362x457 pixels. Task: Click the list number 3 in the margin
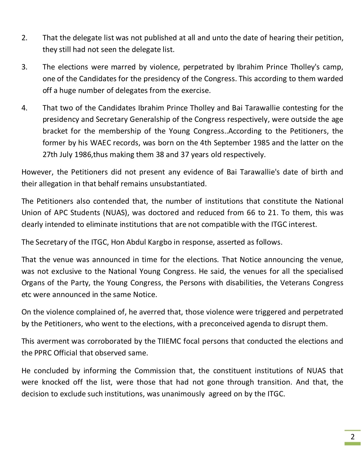coord(24,67)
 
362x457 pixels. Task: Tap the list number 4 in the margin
coord(24,108)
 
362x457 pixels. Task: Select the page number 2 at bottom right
coord(352,437)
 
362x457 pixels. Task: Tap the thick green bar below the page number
coord(352,444)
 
